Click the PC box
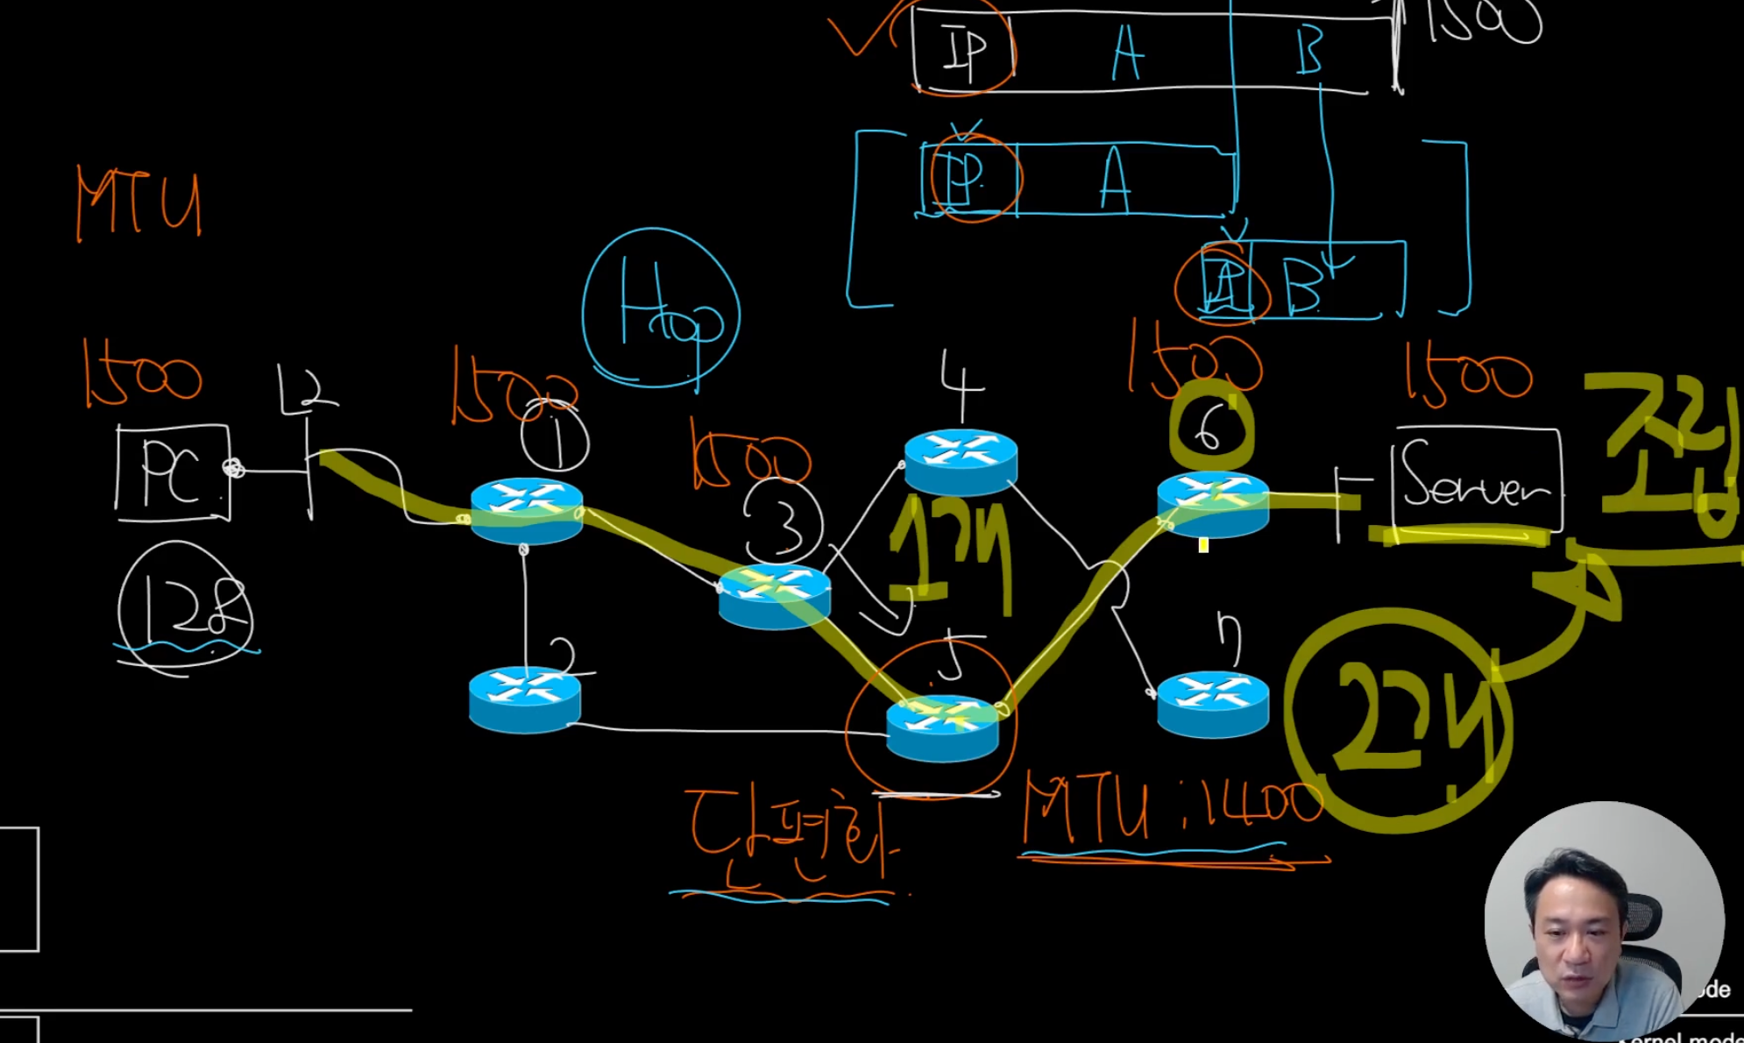click(x=173, y=473)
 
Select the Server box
click(x=1476, y=480)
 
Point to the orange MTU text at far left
click(x=138, y=203)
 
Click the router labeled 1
click(x=527, y=511)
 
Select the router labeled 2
click(x=524, y=699)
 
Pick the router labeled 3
click(x=774, y=596)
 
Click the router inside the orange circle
click(x=942, y=727)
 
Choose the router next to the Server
click(x=1213, y=504)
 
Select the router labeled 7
click(x=1213, y=703)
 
